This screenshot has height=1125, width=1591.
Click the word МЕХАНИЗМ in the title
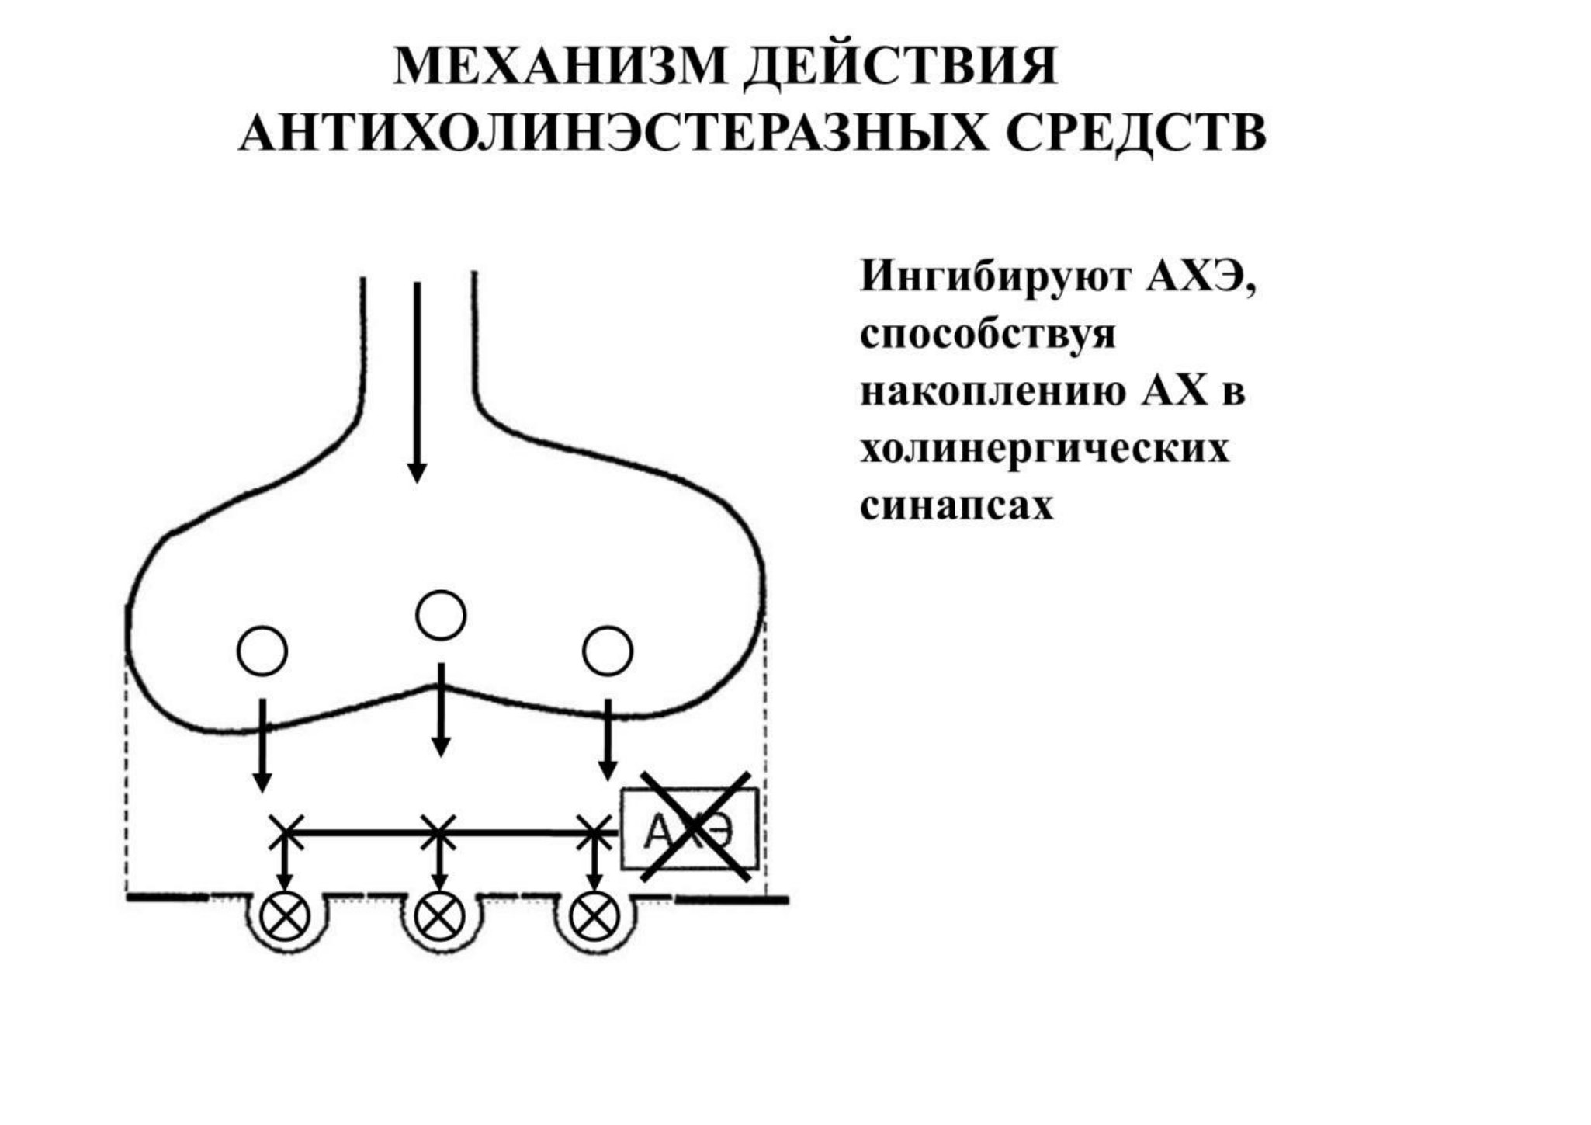[560, 66]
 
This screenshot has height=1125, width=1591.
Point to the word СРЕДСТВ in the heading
[1136, 133]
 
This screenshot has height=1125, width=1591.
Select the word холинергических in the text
[1045, 449]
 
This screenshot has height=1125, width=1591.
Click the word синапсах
[956, 505]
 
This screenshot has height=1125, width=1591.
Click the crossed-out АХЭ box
[690, 829]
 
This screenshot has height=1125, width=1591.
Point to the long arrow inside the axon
[418, 382]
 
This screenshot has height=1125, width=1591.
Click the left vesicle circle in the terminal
[262, 651]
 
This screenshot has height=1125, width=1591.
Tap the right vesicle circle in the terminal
[608, 651]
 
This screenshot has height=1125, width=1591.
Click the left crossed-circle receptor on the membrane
[285, 917]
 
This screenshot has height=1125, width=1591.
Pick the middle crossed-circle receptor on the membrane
[440, 917]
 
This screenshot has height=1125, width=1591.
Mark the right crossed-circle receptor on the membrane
[594, 917]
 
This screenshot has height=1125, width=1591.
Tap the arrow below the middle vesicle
[441, 710]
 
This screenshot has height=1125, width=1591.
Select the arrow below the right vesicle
[608, 740]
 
